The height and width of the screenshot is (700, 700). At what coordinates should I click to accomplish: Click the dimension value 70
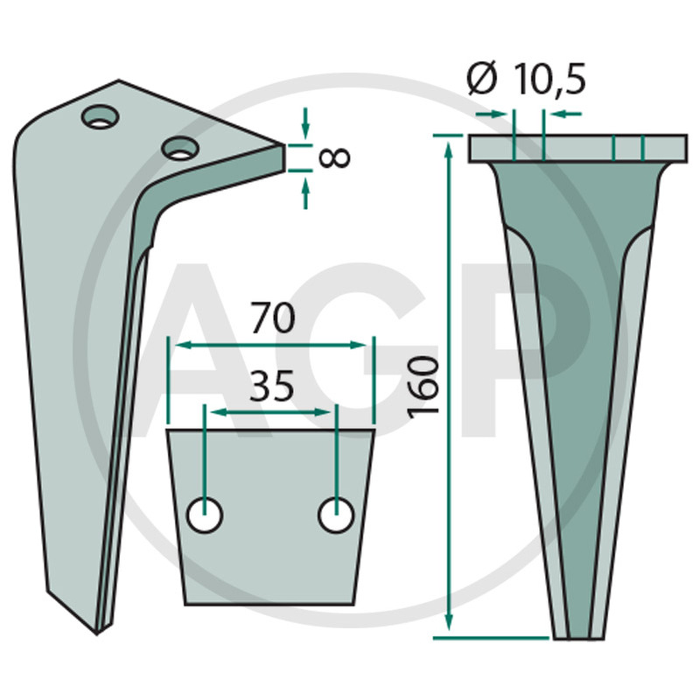(x=273, y=318)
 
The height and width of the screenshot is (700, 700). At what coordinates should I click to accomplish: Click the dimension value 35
(x=272, y=386)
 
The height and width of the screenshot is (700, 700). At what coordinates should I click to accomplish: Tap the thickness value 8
(x=335, y=158)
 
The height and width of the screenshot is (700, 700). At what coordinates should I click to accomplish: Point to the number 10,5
(x=549, y=79)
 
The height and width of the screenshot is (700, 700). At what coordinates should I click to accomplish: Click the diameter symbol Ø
(x=482, y=79)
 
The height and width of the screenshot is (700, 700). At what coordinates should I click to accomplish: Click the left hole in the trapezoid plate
(x=205, y=515)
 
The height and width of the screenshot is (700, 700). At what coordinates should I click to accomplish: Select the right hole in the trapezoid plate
(x=336, y=515)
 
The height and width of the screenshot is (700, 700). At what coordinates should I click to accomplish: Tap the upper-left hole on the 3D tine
(x=100, y=116)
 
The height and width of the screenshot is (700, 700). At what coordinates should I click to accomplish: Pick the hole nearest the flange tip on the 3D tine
(x=180, y=148)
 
